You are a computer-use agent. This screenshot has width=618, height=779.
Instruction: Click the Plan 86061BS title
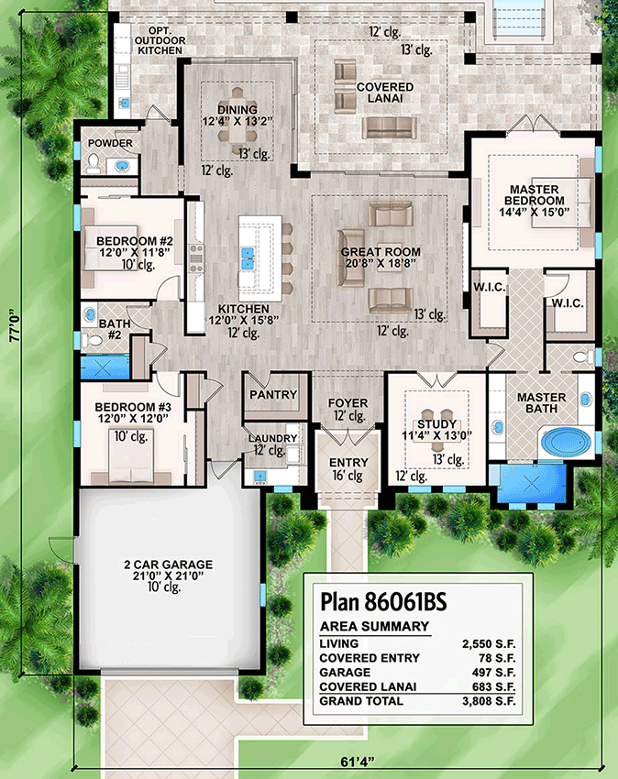(383, 601)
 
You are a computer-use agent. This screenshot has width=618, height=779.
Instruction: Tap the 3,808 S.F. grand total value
(489, 701)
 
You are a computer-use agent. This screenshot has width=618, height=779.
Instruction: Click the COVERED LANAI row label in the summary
(368, 687)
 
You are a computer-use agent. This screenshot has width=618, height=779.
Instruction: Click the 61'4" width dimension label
(358, 763)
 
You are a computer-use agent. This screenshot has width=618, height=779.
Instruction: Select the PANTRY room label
(273, 394)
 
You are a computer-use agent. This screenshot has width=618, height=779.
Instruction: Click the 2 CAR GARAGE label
(168, 565)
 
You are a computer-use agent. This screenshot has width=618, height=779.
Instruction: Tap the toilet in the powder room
(94, 163)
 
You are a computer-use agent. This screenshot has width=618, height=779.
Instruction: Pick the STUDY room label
(437, 424)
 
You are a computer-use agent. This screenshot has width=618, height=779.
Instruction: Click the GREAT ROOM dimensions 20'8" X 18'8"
(381, 263)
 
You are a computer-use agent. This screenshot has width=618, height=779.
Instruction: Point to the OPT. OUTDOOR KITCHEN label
(160, 40)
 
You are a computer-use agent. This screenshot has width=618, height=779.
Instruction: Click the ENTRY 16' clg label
(348, 469)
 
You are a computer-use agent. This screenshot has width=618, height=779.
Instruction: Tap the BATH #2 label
(115, 329)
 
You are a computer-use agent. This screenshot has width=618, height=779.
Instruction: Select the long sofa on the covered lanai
(390, 128)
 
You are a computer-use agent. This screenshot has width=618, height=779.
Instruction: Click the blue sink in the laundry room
(259, 477)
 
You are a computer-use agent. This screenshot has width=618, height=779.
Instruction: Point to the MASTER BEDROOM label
(534, 195)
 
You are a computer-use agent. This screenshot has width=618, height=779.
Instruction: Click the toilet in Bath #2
(92, 341)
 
